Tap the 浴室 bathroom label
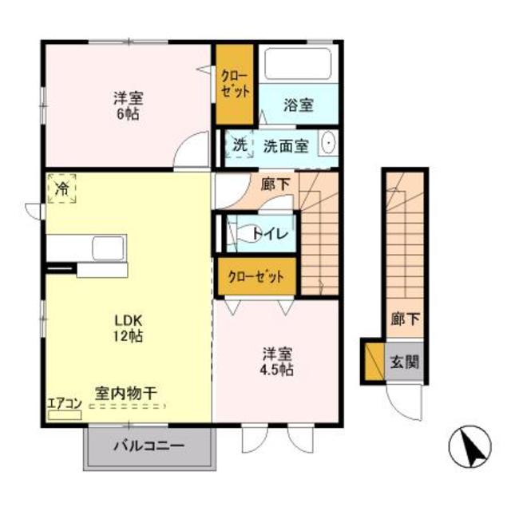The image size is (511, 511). coord(298,105)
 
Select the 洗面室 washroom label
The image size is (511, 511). coord(285,145)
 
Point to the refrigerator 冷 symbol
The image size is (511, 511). coord(61,189)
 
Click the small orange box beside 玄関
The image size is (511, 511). coord(373,360)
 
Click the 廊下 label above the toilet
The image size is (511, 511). coord(275,184)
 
